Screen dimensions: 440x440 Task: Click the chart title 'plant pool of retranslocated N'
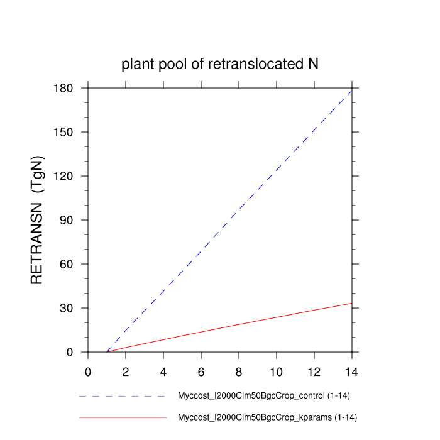click(220, 63)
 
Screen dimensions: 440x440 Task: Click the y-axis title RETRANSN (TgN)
click(37, 219)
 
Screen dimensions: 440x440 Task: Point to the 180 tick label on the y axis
click(65, 88)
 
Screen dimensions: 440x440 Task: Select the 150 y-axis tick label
click(65, 132)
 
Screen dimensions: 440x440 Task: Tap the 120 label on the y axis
click(65, 176)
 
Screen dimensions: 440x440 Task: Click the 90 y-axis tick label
click(69, 220)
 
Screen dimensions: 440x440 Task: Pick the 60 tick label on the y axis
click(69, 264)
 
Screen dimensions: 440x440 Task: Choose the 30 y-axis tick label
click(69, 308)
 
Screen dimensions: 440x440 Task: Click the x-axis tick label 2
click(126, 371)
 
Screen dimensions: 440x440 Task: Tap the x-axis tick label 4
click(163, 371)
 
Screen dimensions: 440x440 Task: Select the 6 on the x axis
click(201, 371)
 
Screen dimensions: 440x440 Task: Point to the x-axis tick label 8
click(239, 371)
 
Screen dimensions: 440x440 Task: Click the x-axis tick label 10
click(277, 371)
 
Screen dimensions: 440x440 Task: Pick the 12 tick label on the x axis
click(314, 371)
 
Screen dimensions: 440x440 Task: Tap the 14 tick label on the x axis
click(352, 371)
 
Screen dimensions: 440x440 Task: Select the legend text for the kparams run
click(268, 417)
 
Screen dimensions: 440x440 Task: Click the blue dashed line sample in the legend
click(123, 397)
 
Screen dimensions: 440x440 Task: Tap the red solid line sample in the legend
click(123, 417)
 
